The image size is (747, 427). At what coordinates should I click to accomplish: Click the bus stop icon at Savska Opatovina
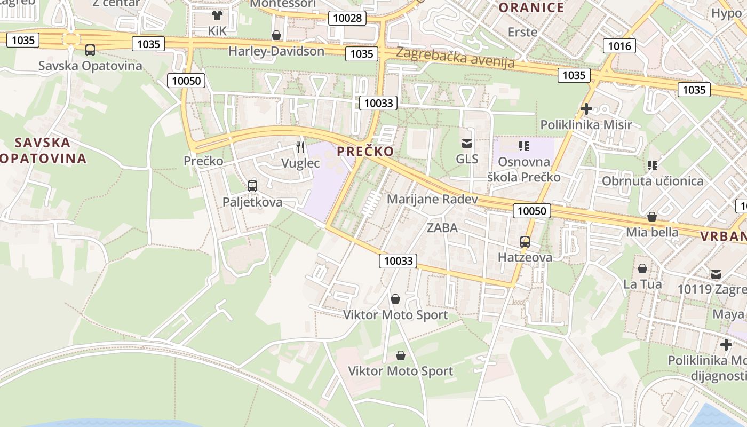tap(90, 50)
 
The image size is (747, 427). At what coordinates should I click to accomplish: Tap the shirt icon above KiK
tap(217, 15)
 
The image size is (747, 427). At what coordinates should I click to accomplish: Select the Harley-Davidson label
tap(276, 51)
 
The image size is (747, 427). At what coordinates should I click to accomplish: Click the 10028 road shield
tap(347, 18)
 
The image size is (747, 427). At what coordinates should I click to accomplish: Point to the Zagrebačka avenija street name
tap(455, 57)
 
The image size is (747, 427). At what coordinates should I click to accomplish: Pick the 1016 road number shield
tap(619, 46)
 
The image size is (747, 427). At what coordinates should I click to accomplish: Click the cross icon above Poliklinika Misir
tap(586, 109)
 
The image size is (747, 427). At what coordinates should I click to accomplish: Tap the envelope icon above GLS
tap(467, 143)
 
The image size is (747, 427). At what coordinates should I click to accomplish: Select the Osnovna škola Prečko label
tap(523, 169)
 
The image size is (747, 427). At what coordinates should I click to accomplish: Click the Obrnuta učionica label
tap(653, 181)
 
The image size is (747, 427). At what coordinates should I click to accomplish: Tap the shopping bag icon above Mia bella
tap(651, 217)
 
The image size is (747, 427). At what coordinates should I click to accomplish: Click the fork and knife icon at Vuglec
tap(300, 147)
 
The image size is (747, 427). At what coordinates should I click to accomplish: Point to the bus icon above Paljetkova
tap(252, 186)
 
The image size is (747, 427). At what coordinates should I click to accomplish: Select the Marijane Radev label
tap(432, 199)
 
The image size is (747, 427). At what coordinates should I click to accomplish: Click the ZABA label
tap(442, 228)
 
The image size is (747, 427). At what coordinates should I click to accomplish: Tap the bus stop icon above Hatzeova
tap(525, 242)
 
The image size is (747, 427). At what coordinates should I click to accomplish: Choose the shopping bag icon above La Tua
tap(642, 268)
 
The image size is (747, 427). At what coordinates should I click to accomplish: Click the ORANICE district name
tap(531, 7)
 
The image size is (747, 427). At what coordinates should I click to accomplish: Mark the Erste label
tap(522, 32)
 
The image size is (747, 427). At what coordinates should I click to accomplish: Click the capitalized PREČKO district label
tap(365, 152)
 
